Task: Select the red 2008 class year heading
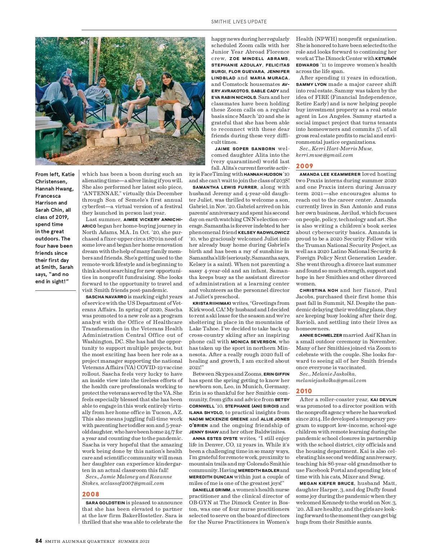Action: click(x=91, y=494)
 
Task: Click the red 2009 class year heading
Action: click(x=305, y=166)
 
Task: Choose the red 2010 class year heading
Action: click(x=304, y=391)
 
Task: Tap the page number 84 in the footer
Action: click(x=39, y=541)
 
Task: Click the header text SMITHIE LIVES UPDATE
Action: click(x=239, y=22)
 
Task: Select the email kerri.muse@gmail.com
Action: click(x=324, y=155)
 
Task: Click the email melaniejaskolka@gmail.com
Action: click(x=331, y=380)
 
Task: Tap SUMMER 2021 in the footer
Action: click(x=134, y=541)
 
